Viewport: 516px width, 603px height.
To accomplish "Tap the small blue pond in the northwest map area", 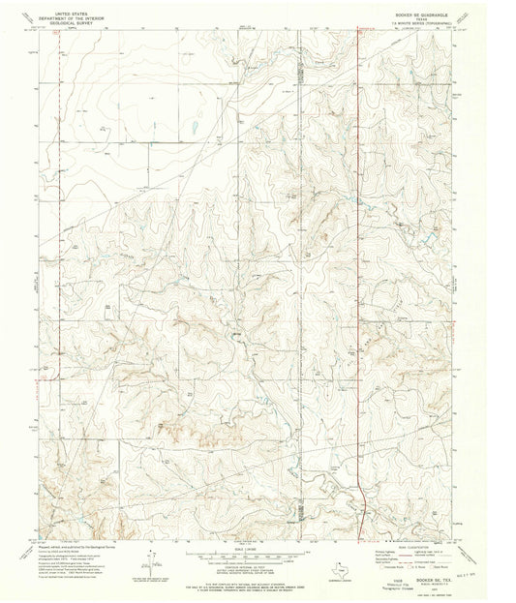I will (194, 126).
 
